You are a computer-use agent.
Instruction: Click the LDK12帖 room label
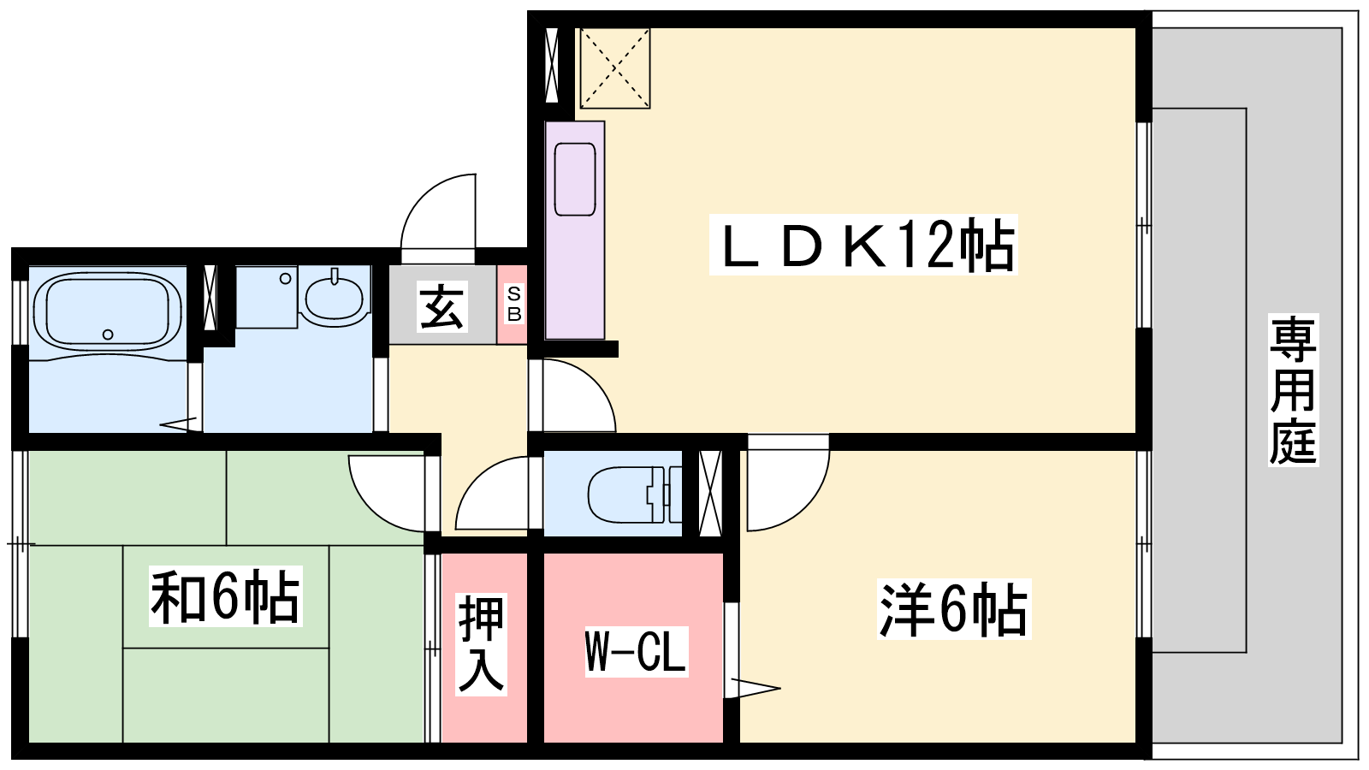point(863,246)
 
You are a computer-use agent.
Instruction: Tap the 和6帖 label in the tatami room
point(225,596)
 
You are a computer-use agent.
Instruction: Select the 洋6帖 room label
point(953,609)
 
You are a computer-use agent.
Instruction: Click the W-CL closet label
point(636,651)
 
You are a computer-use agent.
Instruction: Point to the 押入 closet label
point(481,643)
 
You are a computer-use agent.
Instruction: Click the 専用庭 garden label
point(1292,390)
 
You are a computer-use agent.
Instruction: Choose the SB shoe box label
point(513,305)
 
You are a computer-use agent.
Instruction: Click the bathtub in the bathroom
point(107,311)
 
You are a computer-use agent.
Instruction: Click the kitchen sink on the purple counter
point(574,179)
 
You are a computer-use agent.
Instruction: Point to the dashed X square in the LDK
point(614,68)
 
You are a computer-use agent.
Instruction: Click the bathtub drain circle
point(108,335)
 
